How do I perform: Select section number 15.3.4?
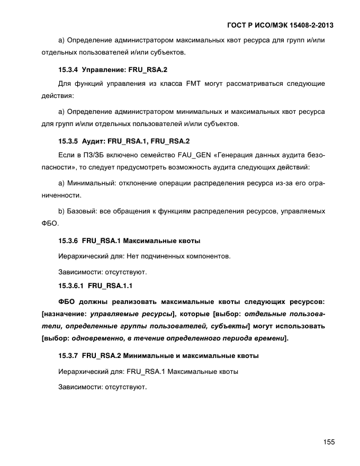coord(68,69)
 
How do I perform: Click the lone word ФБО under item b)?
coord(49,224)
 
